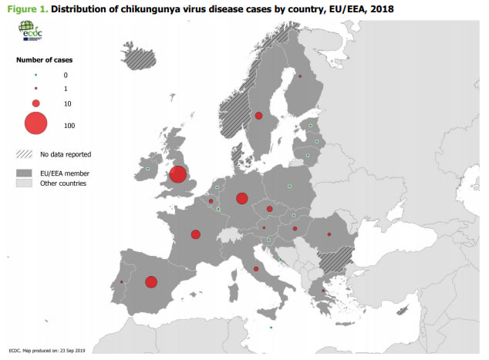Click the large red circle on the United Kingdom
coord(177,174)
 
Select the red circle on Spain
coord(151,281)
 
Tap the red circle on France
coord(196,234)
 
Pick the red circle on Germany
coord(241,198)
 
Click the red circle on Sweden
coord(258,116)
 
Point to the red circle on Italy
coord(255,269)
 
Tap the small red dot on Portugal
coord(122,282)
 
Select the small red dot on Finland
coord(300,77)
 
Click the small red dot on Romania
coord(329,234)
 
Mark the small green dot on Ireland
coord(147,168)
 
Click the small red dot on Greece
coord(322,291)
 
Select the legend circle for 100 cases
coord(35,123)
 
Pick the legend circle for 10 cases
coord(35,103)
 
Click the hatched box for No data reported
coord(25,154)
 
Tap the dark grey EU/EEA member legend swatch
coord(25,173)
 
